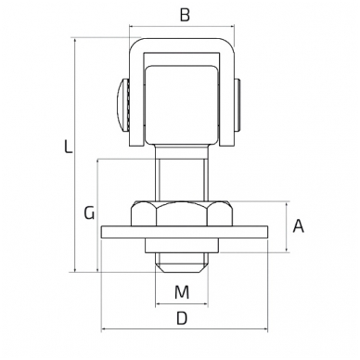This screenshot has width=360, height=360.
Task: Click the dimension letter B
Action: (x=185, y=15)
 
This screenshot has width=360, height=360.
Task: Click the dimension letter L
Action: (x=68, y=147)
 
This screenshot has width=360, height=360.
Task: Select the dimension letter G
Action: (x=89, y=213)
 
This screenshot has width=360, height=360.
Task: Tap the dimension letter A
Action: (x=299, y=226)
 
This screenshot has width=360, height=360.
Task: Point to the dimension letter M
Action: (x=182, y=292)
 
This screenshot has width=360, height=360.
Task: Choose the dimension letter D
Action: (x=182, y=318)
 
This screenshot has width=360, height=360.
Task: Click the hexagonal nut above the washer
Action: (x=182, y=213)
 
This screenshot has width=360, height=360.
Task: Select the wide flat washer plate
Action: (x=185, y=232)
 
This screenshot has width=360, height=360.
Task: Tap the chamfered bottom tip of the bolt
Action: (x=182, y=268)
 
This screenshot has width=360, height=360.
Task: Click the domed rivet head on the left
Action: (x=122, y=105)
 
